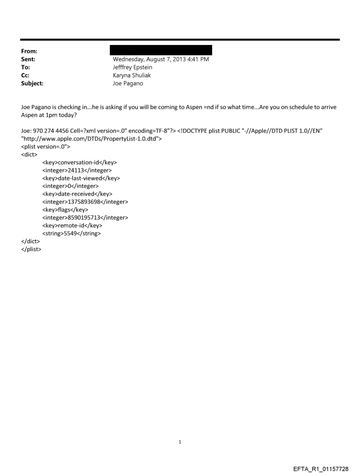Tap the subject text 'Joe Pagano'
tap(128, 83)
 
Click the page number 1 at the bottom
tap(180, 442)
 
